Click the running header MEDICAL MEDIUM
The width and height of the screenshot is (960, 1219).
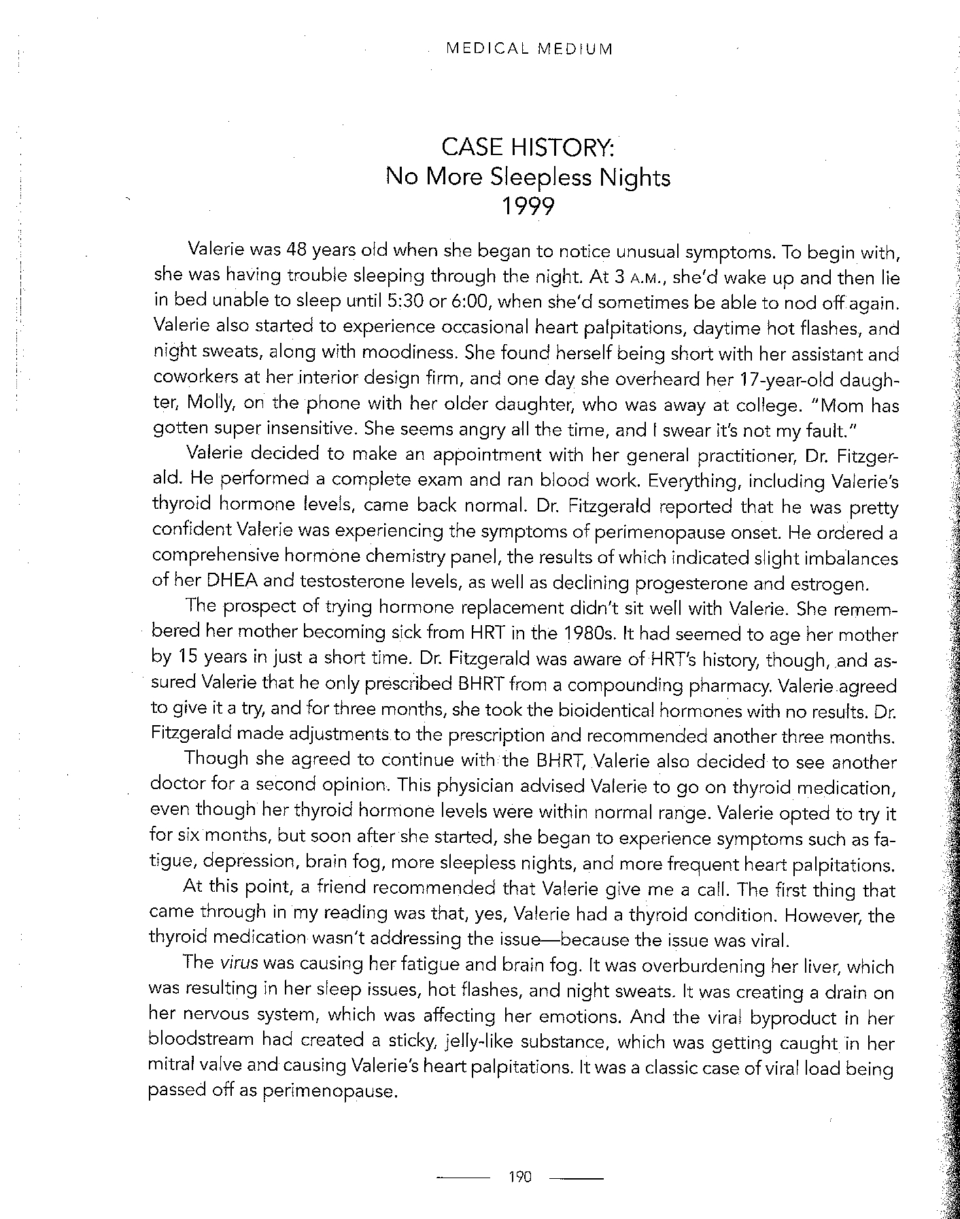(x=528, y=49)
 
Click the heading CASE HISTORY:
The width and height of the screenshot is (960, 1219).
(x=528, y=147)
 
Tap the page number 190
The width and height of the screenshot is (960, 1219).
(x=519, y=1177)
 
